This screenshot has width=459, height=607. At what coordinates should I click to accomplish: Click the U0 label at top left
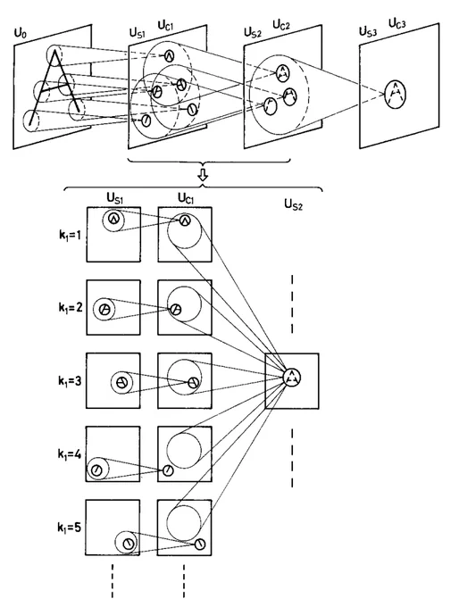(x=21, y=33)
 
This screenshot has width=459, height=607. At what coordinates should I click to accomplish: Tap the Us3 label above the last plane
(x=368, y=31)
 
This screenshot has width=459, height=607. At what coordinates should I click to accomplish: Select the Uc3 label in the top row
(x=397, y=24)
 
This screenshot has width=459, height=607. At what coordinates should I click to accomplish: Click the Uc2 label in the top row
(x=281, y=25)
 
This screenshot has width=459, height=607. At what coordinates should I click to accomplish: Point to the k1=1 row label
(x=71, y=235)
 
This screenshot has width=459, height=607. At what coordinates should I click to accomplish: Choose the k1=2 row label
(x=71, y=307)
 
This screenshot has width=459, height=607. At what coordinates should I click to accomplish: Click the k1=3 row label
(x=70, y=381)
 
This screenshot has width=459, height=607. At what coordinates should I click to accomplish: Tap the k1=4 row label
(x=70, y=453)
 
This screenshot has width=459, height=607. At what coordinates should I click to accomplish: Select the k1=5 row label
(x=70, y=527)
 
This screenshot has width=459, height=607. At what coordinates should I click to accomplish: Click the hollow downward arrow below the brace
(x=203, y=175)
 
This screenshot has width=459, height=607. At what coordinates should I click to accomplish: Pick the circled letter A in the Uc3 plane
(x=395, y=94)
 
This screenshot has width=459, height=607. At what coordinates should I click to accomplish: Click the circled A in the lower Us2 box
(x=292, y=377)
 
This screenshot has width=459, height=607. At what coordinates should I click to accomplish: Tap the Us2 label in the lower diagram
(x=293, y=204)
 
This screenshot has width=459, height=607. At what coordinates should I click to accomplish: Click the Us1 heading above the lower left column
(x=115, y=198)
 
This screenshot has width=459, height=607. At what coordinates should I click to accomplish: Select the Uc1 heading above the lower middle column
(x=186, y=198)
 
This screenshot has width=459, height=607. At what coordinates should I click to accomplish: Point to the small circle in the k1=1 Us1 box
(x=113, y=219)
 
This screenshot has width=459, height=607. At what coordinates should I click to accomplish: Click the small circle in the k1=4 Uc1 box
(x=168, y=470)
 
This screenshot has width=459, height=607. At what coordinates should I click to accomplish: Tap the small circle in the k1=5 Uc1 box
(x=200, y=544)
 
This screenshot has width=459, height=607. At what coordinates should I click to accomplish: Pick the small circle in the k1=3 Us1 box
(x=121, y=382)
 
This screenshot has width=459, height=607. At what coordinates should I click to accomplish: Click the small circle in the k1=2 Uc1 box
(x=176, y=310)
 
